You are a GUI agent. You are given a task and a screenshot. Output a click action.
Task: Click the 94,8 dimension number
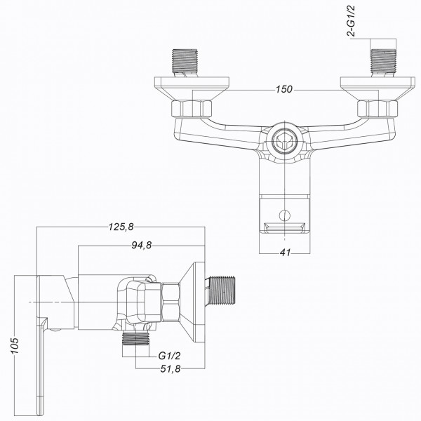[140, 245]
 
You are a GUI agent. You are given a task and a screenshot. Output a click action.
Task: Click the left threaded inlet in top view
[185, 62]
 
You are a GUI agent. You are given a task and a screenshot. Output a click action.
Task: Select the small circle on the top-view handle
[284, 215]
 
